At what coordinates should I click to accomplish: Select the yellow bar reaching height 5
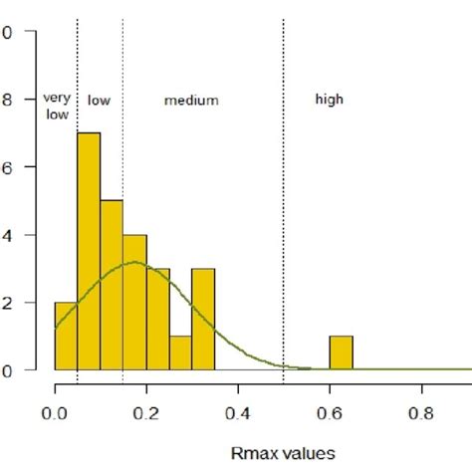[x=112, y=285]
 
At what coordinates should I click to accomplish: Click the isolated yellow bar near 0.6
[x=341, y=353]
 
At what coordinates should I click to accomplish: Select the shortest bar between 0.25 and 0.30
[x=180, y=353]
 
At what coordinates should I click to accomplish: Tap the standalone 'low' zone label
[x=98, y=100]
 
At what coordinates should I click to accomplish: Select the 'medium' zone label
[x=191, y=101]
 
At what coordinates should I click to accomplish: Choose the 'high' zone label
[x=329, y=100]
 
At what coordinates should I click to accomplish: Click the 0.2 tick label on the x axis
[x=145, y=408]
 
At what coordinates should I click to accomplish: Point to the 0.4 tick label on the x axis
[x=237, y=408]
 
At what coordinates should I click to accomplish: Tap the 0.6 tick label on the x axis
[x=330, y=408]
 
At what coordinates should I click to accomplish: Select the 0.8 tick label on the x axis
[x=421, y=408]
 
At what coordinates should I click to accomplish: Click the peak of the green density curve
[x=134, y=263]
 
